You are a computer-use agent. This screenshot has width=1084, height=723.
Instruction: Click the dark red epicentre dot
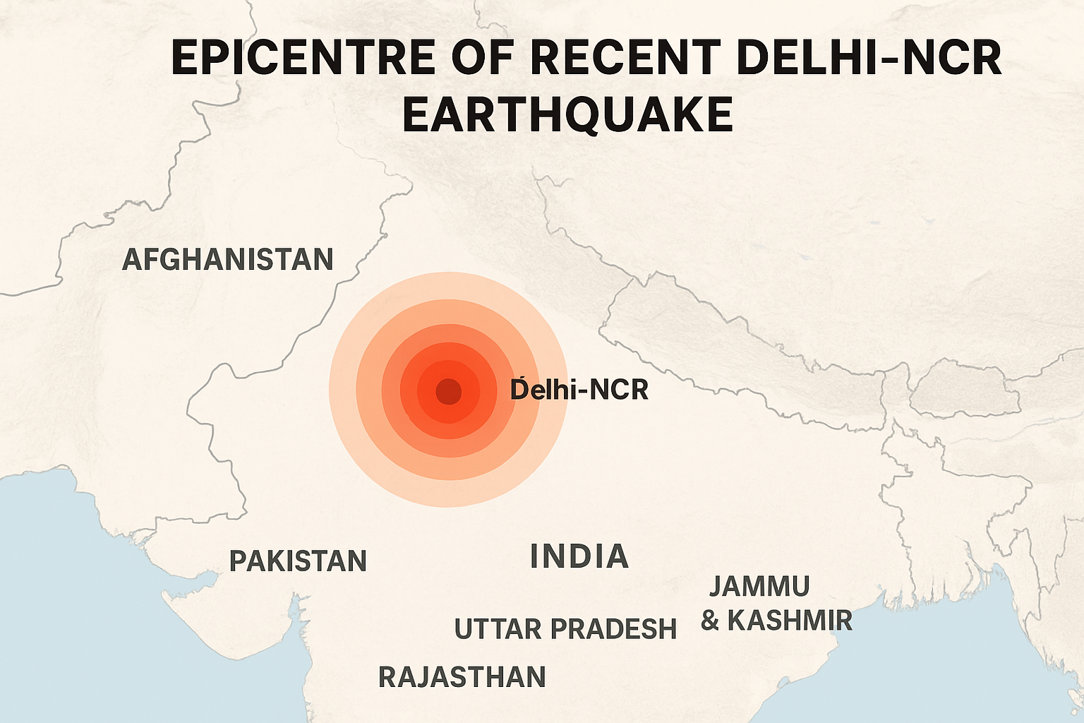(448, 390)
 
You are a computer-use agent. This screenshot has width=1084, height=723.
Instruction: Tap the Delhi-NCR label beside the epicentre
(579, 390)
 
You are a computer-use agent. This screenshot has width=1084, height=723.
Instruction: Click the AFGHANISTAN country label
(227, 260)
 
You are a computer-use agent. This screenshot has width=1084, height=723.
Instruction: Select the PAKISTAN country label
(298, 561)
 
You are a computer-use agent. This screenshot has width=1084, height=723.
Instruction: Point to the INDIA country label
(579, 556)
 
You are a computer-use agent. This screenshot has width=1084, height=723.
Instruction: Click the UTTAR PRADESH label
(565, 629)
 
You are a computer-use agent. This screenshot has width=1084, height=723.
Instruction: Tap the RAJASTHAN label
(462, 677)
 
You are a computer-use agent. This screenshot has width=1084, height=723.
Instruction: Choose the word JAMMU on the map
(759, 586)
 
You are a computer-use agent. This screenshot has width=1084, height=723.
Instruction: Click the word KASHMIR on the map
(790, 621)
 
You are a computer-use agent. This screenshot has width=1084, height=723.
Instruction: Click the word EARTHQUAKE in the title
(568, 114)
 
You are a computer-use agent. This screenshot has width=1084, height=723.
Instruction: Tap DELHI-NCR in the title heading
(868, 58)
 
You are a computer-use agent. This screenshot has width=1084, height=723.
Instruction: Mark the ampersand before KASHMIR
(710, 621)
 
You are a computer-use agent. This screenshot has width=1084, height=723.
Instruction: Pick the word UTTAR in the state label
(498, 629)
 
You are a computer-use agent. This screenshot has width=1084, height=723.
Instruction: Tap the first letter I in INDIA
(534, 556)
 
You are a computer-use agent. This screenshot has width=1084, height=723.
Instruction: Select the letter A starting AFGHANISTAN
(131, 260)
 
